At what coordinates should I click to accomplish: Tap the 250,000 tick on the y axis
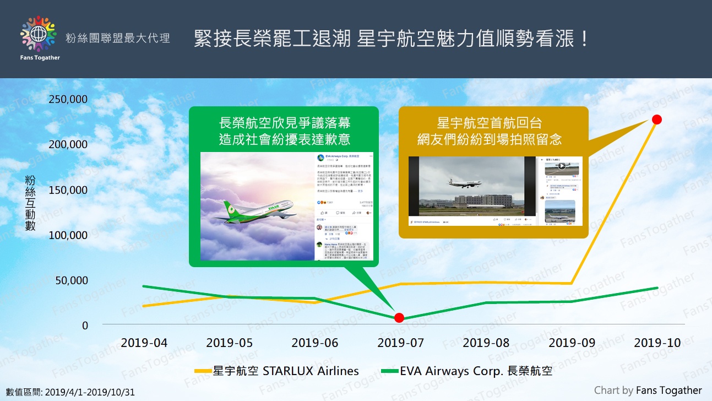pyautogui.click(x=68, y=99)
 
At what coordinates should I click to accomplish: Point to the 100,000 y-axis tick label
pyautogui.click(x=68, y=235)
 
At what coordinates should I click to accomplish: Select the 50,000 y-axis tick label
pyautogui.click(x=70, y=280)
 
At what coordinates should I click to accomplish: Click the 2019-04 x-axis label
pyautogui.click(x=144, y=343)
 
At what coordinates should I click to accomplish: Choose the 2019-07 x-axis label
pyautogui.click(x=400, y=343)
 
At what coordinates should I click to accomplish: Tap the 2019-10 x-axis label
pyautogui.click(x=657, y=343)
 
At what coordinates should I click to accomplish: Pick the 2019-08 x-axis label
pyautogui.click(x=486, y=343)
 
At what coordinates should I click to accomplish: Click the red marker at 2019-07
pyautogui.click(x=400, y=317)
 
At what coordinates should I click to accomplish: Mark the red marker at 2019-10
pyautogui.click(x=656, y=120)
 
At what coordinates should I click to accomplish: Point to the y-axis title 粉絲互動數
pyautogui.click(x=30, y=203)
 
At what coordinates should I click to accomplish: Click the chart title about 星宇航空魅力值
pyautogui.click(x=392, y=39)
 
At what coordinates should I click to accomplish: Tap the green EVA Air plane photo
pyautogui.click(x=258, y=207)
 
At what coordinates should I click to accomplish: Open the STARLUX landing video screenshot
pyautogui.click(x=472, y=191)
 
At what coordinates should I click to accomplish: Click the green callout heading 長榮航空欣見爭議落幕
pyautogui.click(x=284, y=131)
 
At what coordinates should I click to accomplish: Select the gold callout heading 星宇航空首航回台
pyautogui.click(x=493, y=131)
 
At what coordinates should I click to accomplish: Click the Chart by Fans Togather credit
pyautogui.click(x=648, y=391)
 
